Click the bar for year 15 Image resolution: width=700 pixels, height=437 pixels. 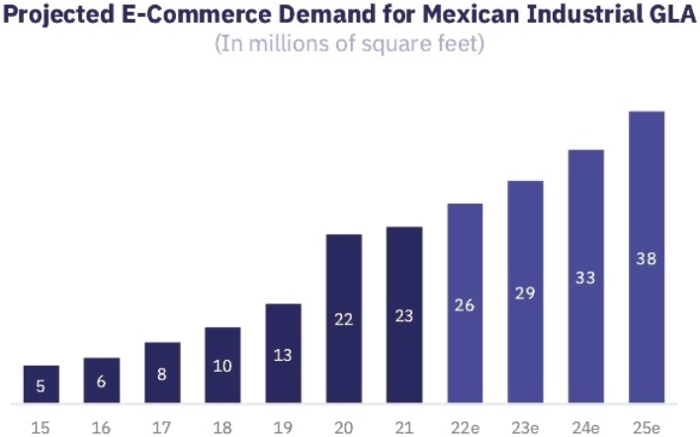click(x=42, y=385)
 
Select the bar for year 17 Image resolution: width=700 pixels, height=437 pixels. click(x=162, y=373)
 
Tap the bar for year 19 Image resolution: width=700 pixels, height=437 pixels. click(x=283, y=353)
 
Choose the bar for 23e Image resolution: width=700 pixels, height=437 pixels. click(x=525, y=292)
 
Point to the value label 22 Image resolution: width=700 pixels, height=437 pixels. click(x=343, y=320)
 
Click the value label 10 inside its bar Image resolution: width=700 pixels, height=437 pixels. click(x=222, y=366)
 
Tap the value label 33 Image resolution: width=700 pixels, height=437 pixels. click(x=585, y=278)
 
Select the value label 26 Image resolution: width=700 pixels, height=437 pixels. click(x=465, y=305)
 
